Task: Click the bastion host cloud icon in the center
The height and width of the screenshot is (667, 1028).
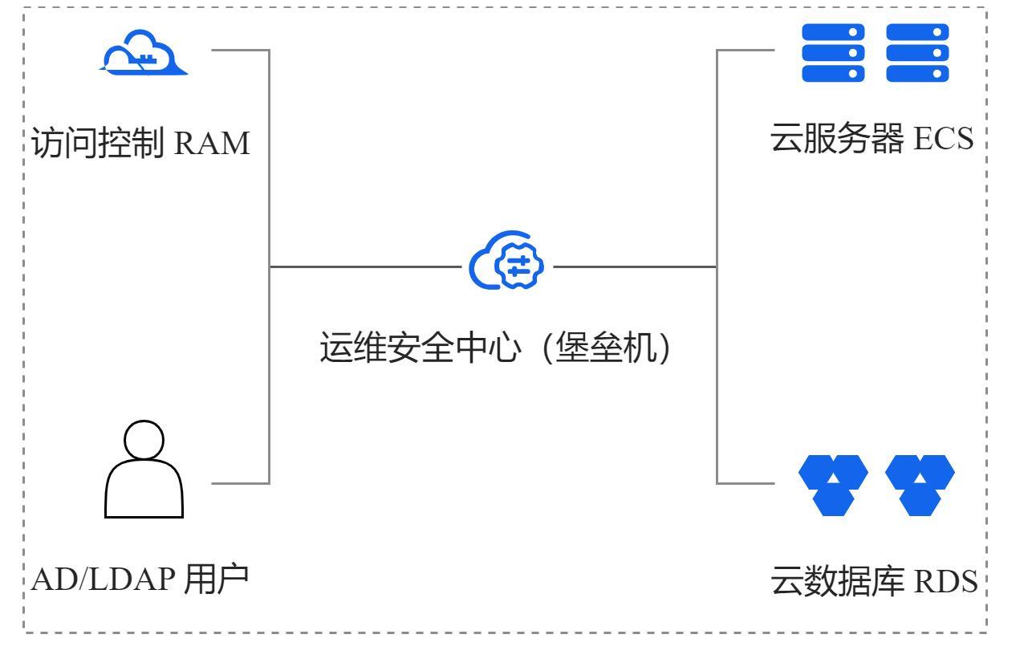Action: pyautogui.click(x=507, y=265)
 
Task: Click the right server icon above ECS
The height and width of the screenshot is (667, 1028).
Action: pyautogui.click(x=917, y=52)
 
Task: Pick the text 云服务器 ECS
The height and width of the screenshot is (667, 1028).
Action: pyautogui.click(x=872, y=137)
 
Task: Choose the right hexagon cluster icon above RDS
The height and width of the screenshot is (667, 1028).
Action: pyautogui.click(x=920, y=483)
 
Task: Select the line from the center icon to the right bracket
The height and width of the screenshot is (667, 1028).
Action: pyautogui.click(x=634, y=266)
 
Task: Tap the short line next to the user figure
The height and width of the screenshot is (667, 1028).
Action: pyautogui.click(x=239, y=483)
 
